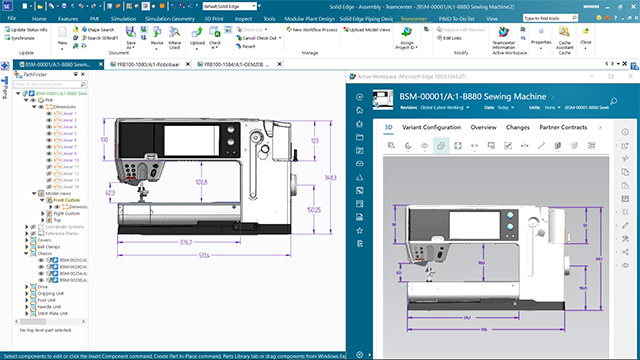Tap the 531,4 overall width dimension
click(x=203, y=256)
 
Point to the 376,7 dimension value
click(x=185, y=242)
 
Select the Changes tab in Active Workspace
click(x=518, y=128)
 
